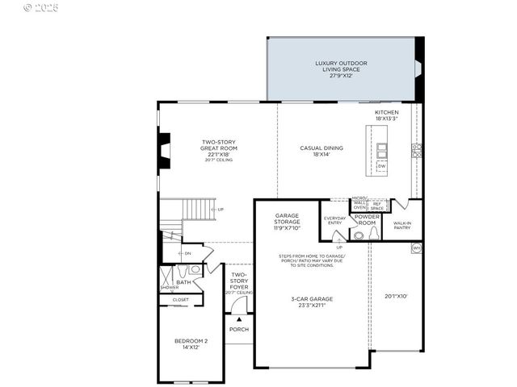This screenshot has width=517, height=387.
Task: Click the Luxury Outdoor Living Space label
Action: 340,66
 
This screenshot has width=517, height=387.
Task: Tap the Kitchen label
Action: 386,115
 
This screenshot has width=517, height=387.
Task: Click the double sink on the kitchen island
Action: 381,150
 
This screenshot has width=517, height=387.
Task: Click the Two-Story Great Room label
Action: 218,148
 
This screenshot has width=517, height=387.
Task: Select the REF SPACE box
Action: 376,206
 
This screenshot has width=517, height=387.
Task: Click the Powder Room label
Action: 367,219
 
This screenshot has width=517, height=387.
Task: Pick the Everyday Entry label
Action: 334,219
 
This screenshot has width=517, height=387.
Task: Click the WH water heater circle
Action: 416,248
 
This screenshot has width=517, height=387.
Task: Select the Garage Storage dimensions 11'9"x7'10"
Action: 288,228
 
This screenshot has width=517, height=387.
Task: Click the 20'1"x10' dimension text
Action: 396,296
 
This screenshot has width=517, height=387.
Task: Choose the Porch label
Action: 238,329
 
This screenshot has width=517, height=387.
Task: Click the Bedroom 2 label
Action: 191,343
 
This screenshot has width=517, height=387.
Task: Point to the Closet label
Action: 180,299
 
